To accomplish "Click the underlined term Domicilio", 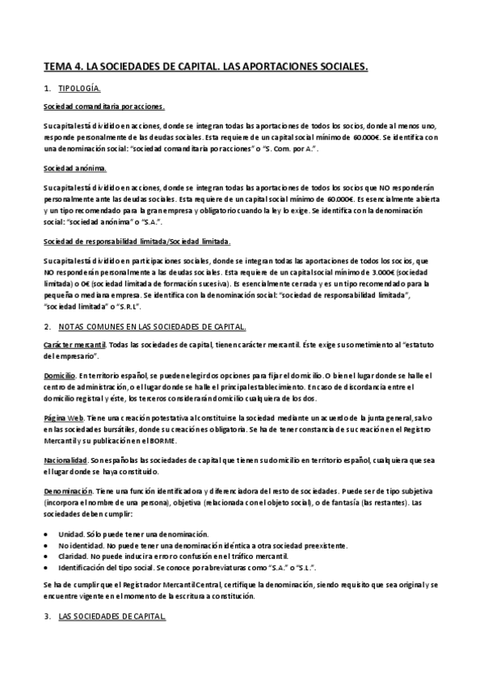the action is tap(59, 376).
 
